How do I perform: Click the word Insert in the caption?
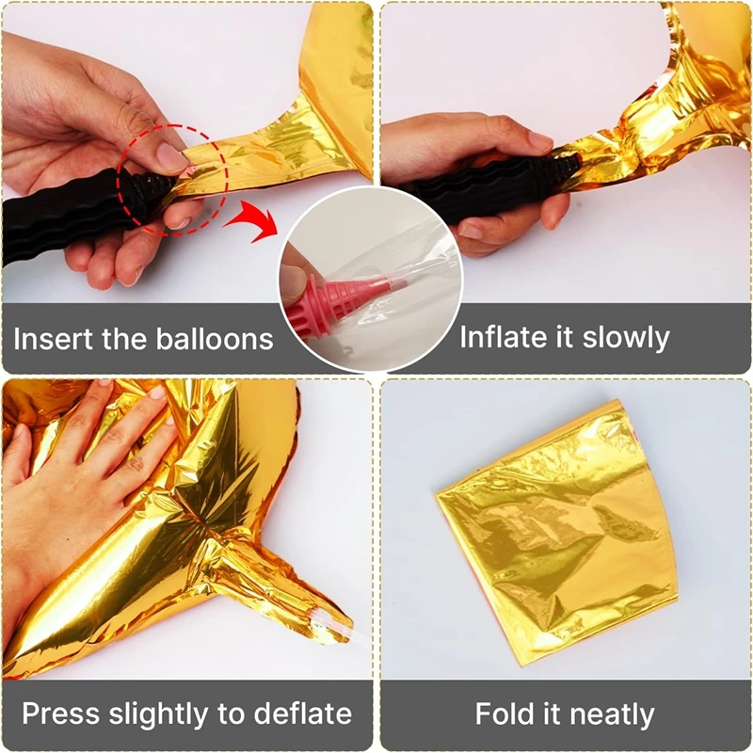click(x=54, y=339)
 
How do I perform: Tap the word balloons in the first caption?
click(x=215, y=339)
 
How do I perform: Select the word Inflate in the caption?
click(x=504, y=337)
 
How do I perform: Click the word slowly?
click(x=626, y=339)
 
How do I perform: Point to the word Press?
click(x=60, y=713)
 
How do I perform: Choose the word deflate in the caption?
click(x=302, y=713)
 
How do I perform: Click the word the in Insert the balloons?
click(x=125, y=338)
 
